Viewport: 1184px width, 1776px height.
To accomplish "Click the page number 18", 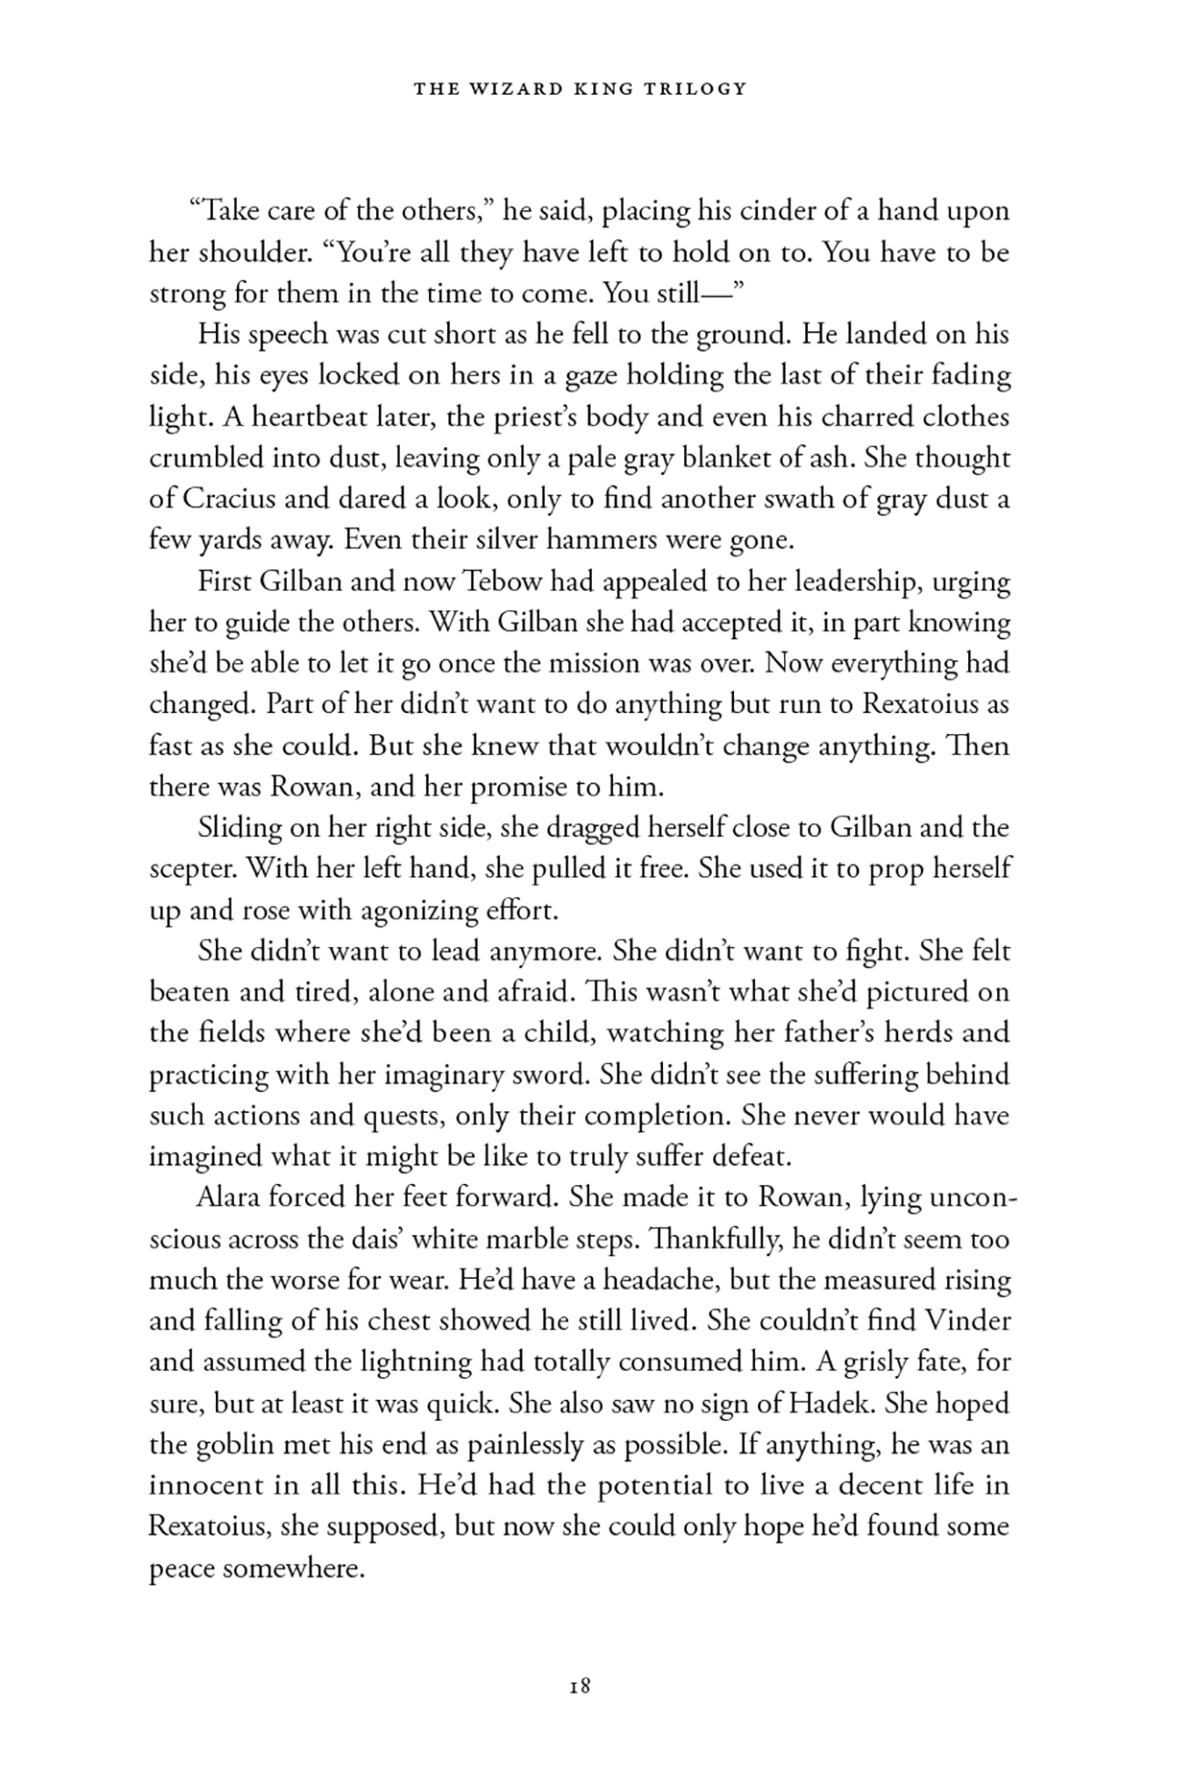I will (x=580, y=1686).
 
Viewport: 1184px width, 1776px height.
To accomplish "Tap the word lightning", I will (x=389, y=1362).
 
